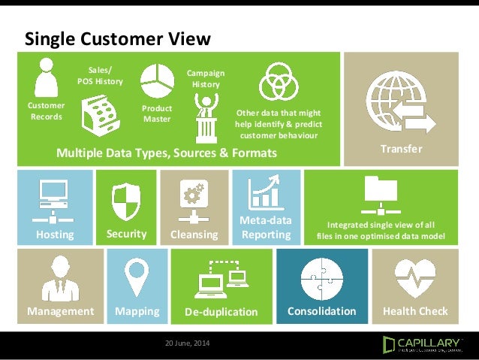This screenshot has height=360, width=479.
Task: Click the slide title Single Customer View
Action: click(x=118, y=38)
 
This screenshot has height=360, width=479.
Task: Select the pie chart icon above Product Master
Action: click(x=157, y=83)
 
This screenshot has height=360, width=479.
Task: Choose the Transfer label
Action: click(x=400, y=149)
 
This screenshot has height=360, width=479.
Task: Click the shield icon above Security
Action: click(x=126, y=201)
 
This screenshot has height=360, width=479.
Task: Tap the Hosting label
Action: click(x=55, y=234)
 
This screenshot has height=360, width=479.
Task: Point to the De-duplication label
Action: click(x=221, y=311)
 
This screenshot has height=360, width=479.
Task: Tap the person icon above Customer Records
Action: click(x=46, y=77)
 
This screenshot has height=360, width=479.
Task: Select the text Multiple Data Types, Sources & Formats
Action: click(x=167, y=153)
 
